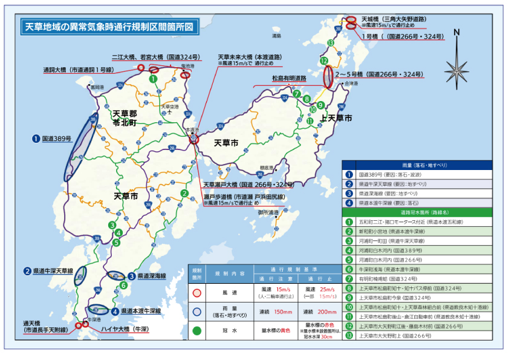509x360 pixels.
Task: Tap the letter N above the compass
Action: point(456,32)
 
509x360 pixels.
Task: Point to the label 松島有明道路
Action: point(288,79)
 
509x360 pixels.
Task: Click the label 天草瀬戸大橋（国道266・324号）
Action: point(248,185)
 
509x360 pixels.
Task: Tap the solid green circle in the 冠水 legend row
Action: point(196,331)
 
